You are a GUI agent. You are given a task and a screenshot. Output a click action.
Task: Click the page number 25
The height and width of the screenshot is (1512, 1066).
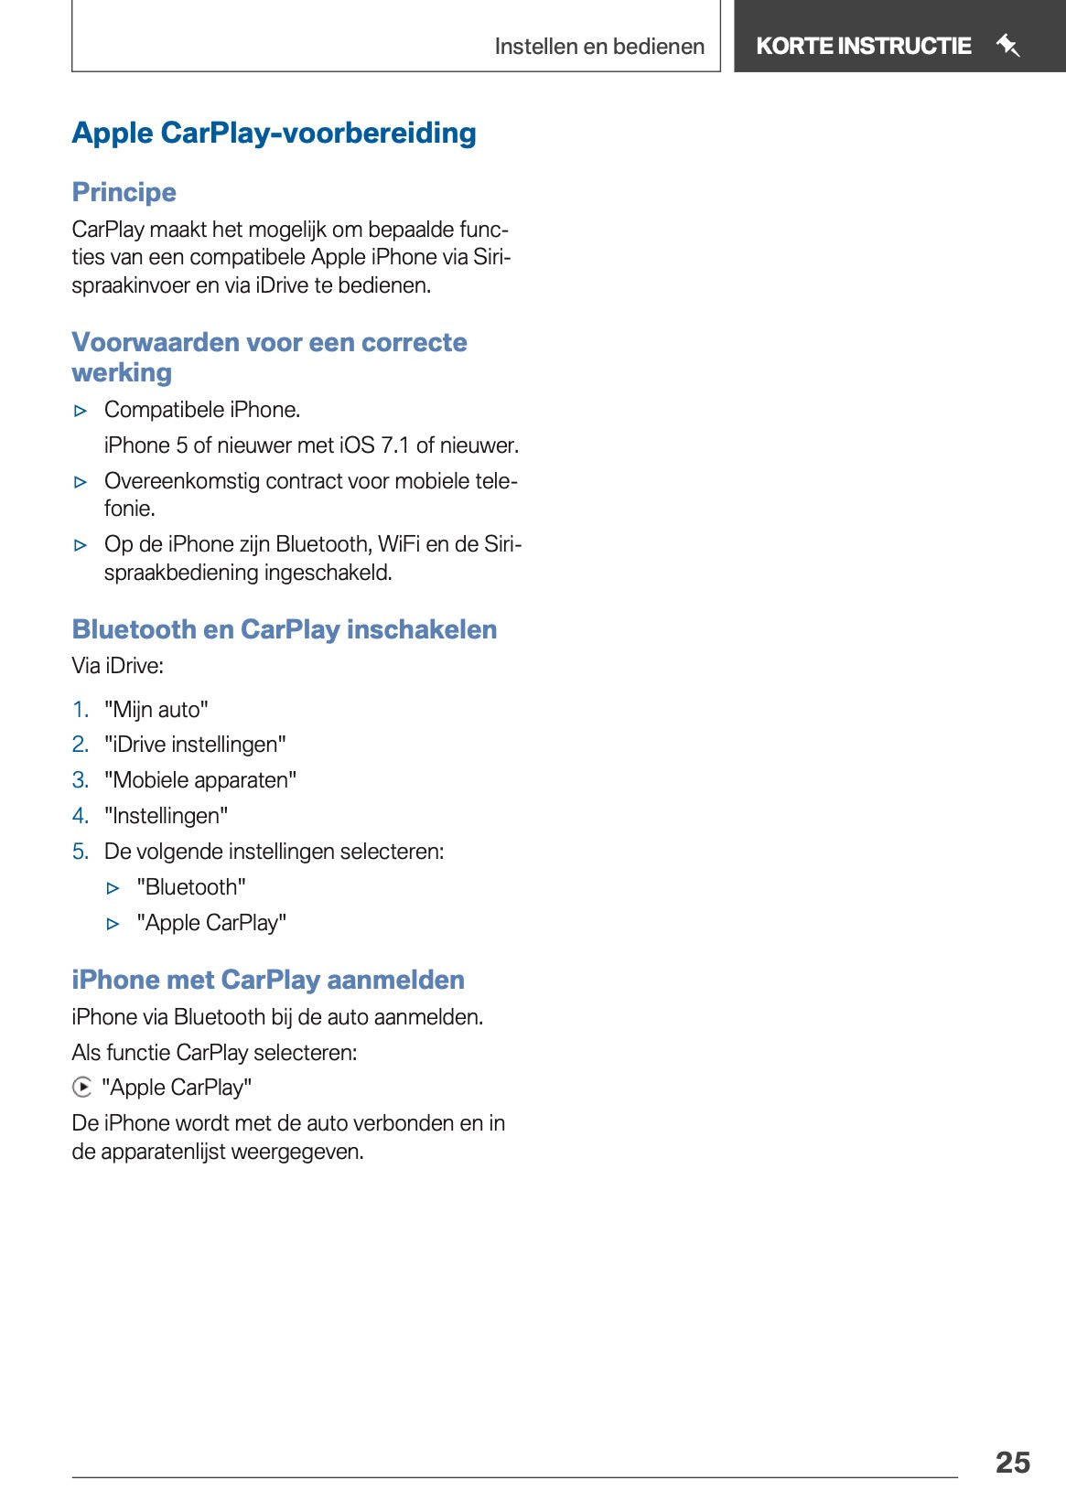coord(1012,1462)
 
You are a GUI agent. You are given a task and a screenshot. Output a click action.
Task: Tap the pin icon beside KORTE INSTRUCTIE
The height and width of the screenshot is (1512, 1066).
coord(1007,45)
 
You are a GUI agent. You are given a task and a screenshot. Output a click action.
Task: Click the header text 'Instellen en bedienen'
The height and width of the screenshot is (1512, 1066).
coord(599,47)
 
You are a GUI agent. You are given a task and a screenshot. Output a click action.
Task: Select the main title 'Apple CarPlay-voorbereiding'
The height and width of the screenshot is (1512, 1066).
coord(274,134)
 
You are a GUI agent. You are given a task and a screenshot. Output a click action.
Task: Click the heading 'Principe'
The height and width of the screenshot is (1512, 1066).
coord(124,192)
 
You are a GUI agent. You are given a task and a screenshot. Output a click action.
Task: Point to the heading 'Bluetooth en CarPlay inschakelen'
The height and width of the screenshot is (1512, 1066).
coord(285,629)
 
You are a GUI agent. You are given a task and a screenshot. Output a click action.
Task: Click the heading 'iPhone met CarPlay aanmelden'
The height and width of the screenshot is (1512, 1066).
coord(268,980)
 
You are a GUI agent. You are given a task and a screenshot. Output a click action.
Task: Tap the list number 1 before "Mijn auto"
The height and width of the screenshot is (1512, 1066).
coord(81,710)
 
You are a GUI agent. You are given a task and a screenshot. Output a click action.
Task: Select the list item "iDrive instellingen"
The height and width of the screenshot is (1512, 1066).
coord(195,745)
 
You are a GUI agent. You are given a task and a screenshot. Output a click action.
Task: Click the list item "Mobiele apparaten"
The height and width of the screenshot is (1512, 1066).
coord(200,780)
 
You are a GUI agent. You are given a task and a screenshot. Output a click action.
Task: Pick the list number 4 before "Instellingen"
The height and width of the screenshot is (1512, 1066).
coord(81,816)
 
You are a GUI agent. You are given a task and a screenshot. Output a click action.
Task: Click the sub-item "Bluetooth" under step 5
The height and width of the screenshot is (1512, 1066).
coord(191,887)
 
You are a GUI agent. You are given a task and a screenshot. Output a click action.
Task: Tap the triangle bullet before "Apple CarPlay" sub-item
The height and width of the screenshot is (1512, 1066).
coord(113,924)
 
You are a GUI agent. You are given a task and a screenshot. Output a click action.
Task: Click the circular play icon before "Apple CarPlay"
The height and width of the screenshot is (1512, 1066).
coord(82,1088)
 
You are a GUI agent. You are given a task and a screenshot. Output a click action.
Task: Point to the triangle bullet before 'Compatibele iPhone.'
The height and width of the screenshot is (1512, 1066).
coord(81,411)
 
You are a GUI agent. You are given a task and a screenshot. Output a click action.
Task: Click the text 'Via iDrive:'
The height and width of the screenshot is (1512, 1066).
coord(118,666)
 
